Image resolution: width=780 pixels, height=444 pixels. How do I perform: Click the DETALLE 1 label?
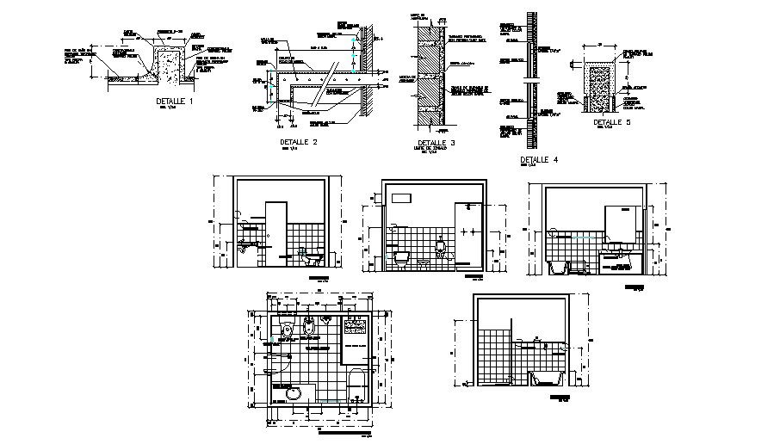tap(175, 102)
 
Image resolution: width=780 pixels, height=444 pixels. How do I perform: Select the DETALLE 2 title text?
tap(299, 141)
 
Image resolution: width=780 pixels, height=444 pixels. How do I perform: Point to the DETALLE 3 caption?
tap(436, 143)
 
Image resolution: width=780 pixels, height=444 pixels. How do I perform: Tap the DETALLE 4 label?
tap(539, 160)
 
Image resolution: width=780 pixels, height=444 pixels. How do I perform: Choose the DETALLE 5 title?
tap(612, 123)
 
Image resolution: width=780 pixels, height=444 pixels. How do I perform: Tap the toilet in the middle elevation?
tap(401, 256)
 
